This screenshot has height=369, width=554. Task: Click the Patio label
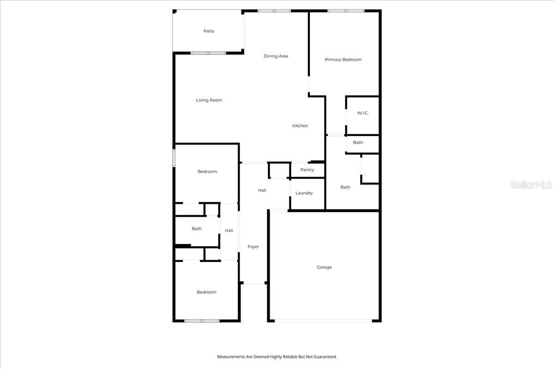[x=209, y=31]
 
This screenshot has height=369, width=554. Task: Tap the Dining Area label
[x=276, y=56]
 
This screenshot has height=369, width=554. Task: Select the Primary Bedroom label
[x=343, y=60]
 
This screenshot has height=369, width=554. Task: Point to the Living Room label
[x=209, y=100]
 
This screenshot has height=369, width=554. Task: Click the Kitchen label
[x=300, y=126]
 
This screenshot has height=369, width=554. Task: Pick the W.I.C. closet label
[x=362, y=113]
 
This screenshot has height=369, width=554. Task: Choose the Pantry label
[x=307, y=170]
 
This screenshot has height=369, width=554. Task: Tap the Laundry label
[x=304, y=193]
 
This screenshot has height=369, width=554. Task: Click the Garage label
[x=324, y=267]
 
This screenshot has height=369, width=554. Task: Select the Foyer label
[x=253, y=247]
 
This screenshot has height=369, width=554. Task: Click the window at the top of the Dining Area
[x=274, y=11]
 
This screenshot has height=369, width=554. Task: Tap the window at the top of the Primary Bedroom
[x=346, y=11]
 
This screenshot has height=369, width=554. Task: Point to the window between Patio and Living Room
[x=208, y=53]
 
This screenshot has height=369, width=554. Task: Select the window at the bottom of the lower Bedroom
[x=202, y=321]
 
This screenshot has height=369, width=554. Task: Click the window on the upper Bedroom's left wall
[x=174, y=157]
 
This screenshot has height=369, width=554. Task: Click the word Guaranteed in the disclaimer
[x=325, y=357]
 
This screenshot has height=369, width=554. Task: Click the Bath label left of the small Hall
[x=197, y=229]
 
